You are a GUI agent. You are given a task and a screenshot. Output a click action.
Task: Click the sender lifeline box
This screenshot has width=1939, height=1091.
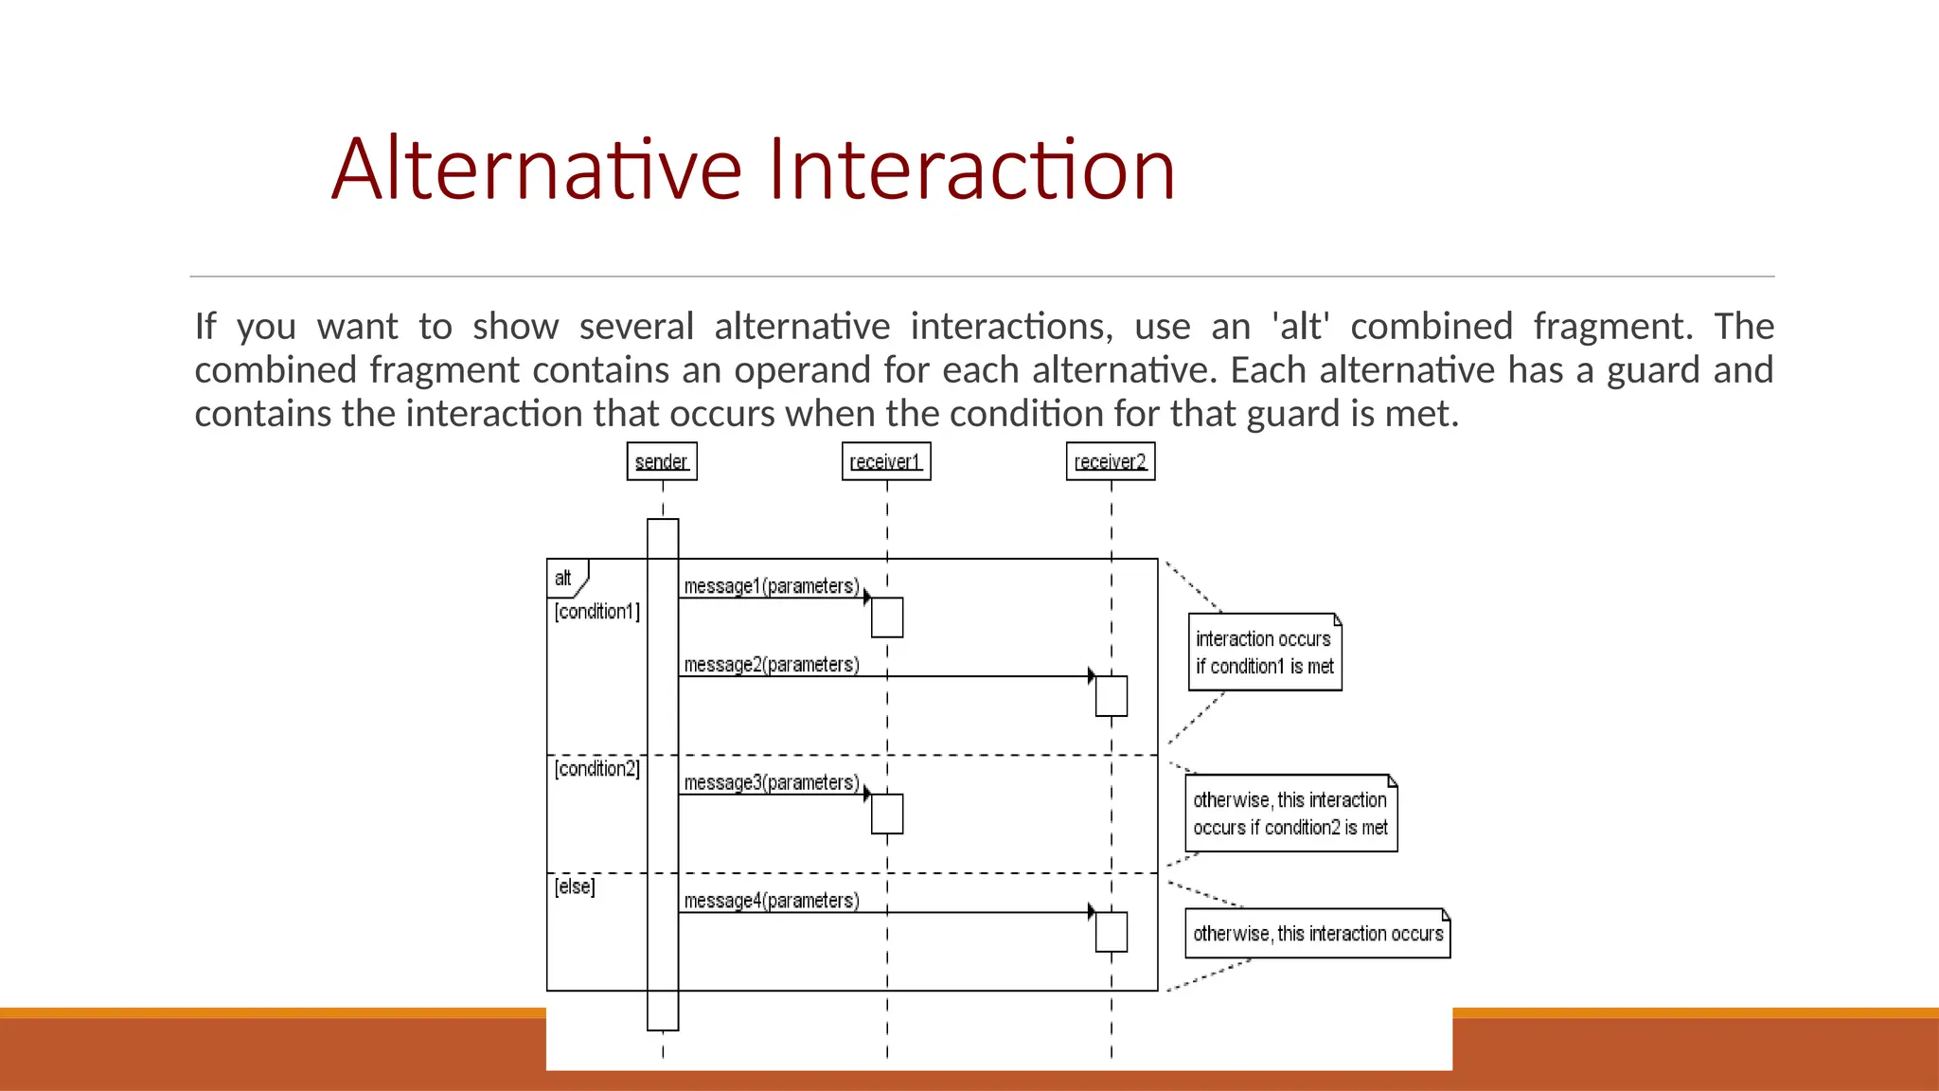click(x=662, y=461)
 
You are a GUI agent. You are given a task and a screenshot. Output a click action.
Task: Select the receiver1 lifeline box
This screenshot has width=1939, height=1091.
click(x=886, y=461)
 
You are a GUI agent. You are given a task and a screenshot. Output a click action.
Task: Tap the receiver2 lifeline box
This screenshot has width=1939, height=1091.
click(x=1111, y=461)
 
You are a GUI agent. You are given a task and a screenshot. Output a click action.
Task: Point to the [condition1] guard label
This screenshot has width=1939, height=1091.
click(x=597, y=612)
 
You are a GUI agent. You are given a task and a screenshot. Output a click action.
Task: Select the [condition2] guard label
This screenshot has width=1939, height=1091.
click(x=597, y=769)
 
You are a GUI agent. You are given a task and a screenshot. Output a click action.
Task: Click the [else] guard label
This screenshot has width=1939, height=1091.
click(x=575, y=886)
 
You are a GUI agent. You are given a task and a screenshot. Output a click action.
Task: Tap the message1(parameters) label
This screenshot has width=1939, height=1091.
click(x=772, y=586)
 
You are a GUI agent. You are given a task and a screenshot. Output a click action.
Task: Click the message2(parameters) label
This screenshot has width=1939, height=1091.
click(x=772, y=665)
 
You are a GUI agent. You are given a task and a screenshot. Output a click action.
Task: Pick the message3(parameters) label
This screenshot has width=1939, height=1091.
click(x=772, y=783)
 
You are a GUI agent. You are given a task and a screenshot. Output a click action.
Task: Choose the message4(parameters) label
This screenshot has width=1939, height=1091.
click(x=772, y=901)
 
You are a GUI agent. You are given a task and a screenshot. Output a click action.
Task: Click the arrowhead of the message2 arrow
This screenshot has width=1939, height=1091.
click(x=1091, y=676)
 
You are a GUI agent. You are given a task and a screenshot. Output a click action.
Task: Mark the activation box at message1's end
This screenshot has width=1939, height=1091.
click(x=887, y=617)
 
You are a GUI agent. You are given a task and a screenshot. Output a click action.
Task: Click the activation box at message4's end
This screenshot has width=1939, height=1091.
click(x=1112, y=932)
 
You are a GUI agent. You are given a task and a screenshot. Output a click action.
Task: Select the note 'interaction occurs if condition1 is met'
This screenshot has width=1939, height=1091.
click(x=1265, y=653)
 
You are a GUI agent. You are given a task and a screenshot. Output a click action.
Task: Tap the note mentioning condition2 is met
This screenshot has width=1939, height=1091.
click(x=1290, y=814)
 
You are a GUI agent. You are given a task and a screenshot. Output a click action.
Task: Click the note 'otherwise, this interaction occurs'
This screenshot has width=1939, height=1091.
click(x=1317, y=934)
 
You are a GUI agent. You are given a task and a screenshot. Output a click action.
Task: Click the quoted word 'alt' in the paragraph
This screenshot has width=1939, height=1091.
click(x=1301, y=327)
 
